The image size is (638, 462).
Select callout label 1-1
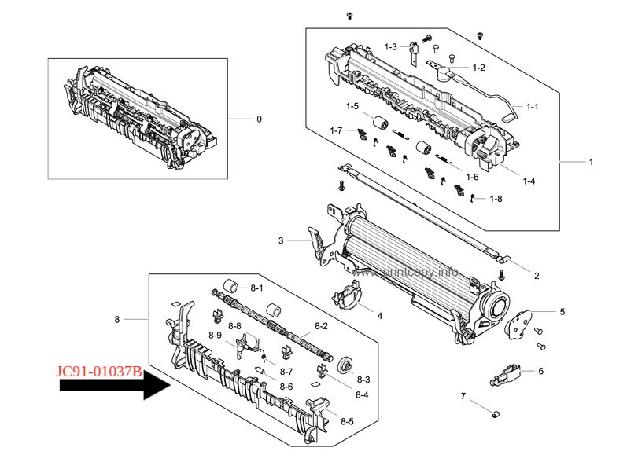tap(533, 106)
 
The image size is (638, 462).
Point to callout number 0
tap(259, 119)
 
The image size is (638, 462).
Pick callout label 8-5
tap(347, 421)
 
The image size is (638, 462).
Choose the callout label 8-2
tap(322, 326)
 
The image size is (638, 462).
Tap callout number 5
tap(562, 312)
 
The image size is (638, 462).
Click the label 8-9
tap(216, 335)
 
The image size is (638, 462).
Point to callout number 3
tap(281, 240)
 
